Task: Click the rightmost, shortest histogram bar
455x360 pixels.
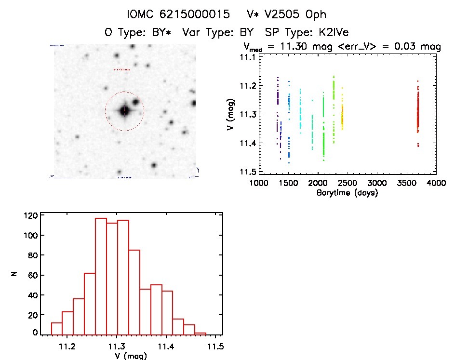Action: pos(201,333)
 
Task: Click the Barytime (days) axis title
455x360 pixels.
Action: pos(347,193)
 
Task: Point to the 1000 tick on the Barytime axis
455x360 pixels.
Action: pos(259,183)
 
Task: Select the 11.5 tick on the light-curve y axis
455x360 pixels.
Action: pos(248,172)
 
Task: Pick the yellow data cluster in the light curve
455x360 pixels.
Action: pos(342,116)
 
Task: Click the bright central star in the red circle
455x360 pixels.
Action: pos(124,110)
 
